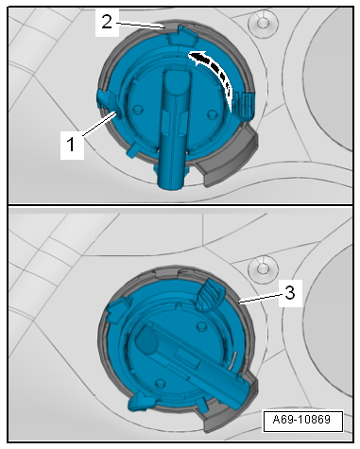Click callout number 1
(x=72, y=145)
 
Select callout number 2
(x=107, y=23)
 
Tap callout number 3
(x=290, y=293)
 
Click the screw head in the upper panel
(x=262, y=23)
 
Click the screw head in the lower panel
(x=262, y=268)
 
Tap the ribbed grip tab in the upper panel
(x=246, y=105)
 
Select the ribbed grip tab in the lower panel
(x=209, y=295)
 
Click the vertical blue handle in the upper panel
(x=174, y=130)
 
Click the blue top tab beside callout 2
(x=182, y=36)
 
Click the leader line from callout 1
(x=98, y=125)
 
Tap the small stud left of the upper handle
(x=137, y=109)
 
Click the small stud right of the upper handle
(x=212, y=113)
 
